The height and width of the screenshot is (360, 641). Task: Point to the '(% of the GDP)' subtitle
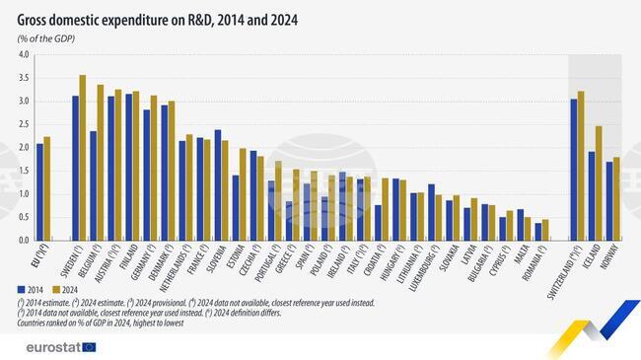coord(47,37)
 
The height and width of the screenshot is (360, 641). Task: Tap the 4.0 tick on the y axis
coord(23,55)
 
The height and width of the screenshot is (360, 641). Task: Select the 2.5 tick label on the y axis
coord(23,124)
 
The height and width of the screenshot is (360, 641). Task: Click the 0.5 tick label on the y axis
coord(23,217)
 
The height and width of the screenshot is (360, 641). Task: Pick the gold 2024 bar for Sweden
coord(83,158)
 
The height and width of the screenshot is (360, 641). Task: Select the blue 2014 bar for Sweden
coord(75,168)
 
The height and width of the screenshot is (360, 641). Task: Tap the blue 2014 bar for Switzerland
coord(574,170)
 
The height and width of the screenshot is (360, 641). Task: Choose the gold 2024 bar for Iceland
coord(599,183)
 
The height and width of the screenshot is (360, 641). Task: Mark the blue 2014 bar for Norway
coord(609,201)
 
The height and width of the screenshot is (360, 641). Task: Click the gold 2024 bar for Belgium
coord(101,163)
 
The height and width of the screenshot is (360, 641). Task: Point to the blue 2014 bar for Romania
coord(537,231)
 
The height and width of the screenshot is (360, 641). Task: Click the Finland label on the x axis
coord(126,259)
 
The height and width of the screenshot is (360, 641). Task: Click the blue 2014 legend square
coord(21,289)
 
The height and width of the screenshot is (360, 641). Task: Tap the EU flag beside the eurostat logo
coord(90,346)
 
